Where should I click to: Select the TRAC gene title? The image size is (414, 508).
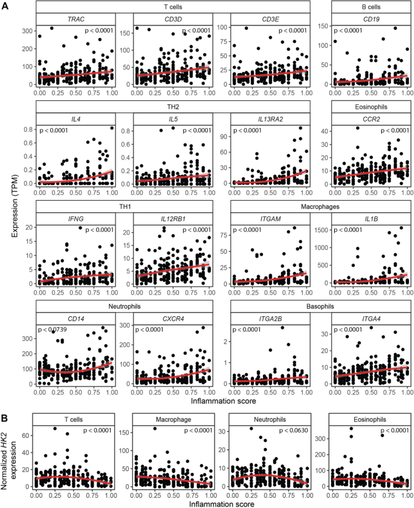(x=76, y=19)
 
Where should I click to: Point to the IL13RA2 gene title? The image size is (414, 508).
(x=270, y=120)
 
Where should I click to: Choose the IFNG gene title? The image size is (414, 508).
(x=76, y=220)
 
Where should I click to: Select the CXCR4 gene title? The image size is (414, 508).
(x=172, y=319)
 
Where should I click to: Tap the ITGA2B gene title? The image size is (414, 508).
(x=270, y=319)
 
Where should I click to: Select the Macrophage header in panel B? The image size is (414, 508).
(x=172, y=419)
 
